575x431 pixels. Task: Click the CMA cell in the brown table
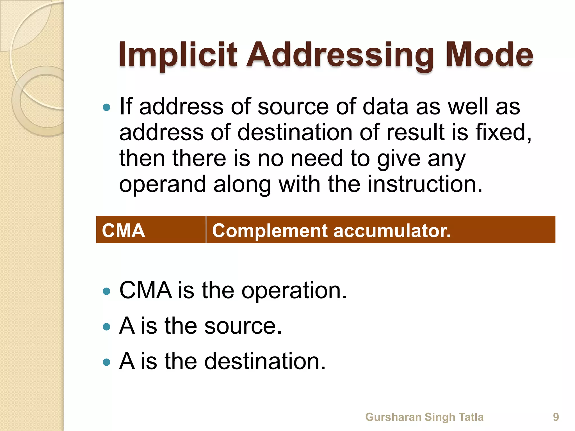point(124,231)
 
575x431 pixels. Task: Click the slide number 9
point(556,417)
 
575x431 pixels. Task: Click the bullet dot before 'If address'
point(106,107)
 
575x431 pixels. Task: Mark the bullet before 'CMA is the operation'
point(106,291)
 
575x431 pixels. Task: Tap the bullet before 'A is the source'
point(106,327)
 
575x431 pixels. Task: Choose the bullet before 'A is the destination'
point(106,362)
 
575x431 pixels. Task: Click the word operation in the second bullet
point(294,290)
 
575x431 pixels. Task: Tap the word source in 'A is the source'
point(243,326)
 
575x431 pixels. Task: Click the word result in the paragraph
point(416,132)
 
